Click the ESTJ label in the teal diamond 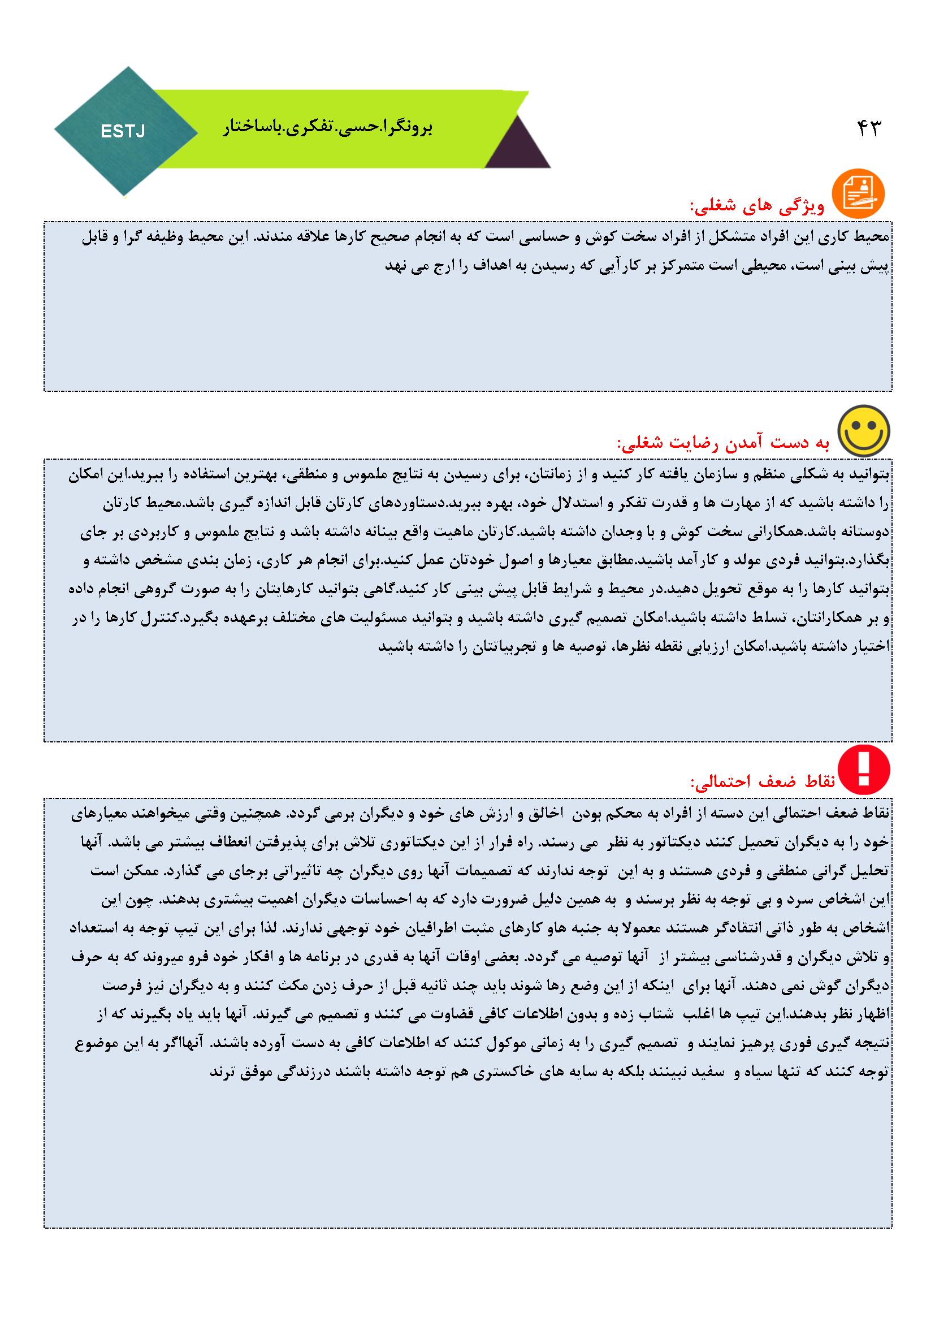123,132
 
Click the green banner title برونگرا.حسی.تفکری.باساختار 328,128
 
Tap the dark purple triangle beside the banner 517,146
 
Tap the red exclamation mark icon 863,770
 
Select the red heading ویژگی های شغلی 757,206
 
